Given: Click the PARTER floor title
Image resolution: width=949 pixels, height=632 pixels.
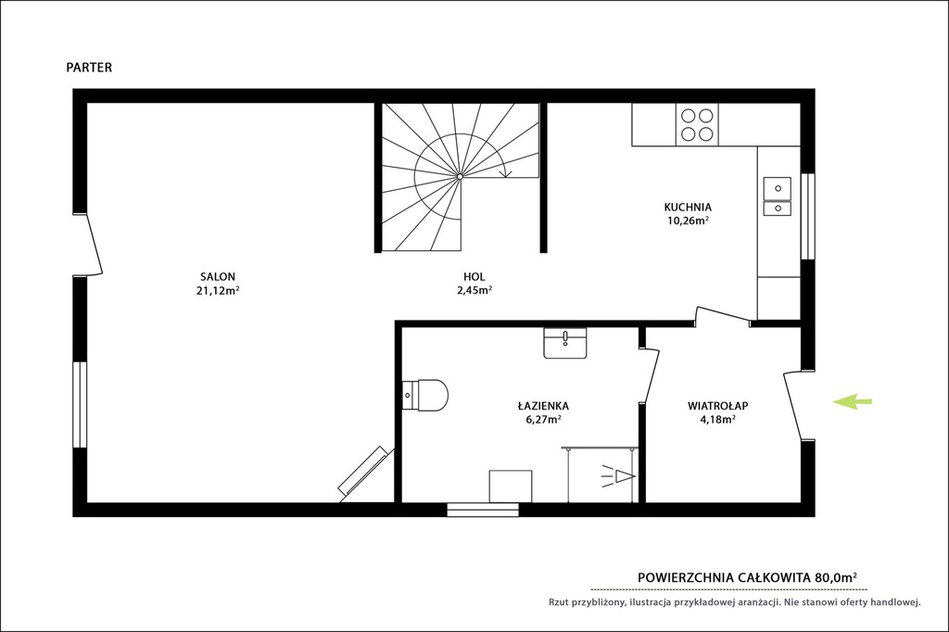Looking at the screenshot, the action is click(x=89, y=68).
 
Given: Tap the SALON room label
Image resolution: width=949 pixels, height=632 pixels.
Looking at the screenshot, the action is click(x=218, y=277).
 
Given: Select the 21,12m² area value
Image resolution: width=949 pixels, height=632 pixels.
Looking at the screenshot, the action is click(x=218, y=290).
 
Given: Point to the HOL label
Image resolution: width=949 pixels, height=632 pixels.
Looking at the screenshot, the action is click(x=474, y=277).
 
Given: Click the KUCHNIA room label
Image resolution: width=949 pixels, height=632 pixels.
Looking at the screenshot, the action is click(x=688, y=207).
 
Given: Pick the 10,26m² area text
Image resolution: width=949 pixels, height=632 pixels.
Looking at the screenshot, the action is click(x=689, y=221).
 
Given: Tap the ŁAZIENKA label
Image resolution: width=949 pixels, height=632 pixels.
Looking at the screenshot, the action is click(x=543, y=406).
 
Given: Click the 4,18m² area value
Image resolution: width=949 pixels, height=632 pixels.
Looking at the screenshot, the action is click(x=718, y=419).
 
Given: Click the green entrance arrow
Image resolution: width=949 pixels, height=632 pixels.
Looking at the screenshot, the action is click(x=853, y=400).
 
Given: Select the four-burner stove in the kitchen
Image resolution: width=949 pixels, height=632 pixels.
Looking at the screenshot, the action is click(x=697, y=124).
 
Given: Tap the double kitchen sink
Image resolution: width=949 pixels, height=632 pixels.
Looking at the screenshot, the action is click(x=778, y=196).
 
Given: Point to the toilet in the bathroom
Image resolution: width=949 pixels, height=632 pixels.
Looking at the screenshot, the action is click(x=424, y=396).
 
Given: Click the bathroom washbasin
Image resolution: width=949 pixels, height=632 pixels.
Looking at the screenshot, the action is click(x=565, y=343).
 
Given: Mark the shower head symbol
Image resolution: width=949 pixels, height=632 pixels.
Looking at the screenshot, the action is click(x=618, y=477).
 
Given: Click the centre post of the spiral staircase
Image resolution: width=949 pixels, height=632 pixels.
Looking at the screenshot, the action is click(x=460, y=176).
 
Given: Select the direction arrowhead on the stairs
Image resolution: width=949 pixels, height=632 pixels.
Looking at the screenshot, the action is click(x=506, y=173).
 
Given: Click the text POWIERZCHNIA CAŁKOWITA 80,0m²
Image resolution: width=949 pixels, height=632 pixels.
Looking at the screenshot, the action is click(x=748, y=577).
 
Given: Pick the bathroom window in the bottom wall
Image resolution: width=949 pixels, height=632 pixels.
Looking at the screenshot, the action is click(x=483, y=510).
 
